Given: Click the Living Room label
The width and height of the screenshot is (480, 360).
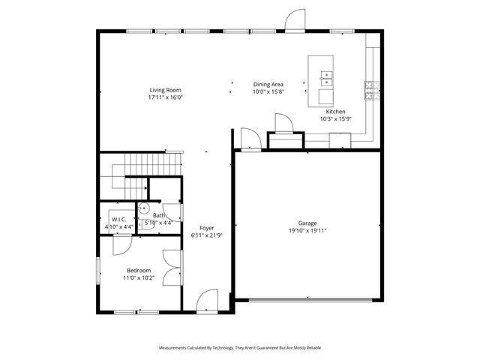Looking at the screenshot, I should [x=166, y=90].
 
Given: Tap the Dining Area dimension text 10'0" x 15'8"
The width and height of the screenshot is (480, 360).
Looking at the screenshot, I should [x=268, y=91].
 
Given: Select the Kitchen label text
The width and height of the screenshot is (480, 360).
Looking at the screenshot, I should [x=335, y=112].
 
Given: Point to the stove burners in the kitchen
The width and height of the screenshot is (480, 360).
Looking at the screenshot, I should [x=370, y=91].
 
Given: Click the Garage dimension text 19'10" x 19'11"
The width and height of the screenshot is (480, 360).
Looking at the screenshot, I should [x=307, y=231].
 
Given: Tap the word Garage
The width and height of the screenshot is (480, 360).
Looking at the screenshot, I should [x=307, y=223].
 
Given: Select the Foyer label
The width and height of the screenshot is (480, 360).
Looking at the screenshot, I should [x=206, y=228].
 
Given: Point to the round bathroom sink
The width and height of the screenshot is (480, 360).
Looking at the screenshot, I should [x=143, y=208].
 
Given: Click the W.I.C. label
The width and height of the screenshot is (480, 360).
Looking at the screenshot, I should [x=118, y=219].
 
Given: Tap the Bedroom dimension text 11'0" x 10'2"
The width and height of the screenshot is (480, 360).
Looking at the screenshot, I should [x=139, y=277].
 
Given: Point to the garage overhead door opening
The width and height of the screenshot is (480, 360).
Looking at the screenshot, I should [x=310, y=300].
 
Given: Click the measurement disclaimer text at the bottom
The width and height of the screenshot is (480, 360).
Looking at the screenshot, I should [x=240, y=348].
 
